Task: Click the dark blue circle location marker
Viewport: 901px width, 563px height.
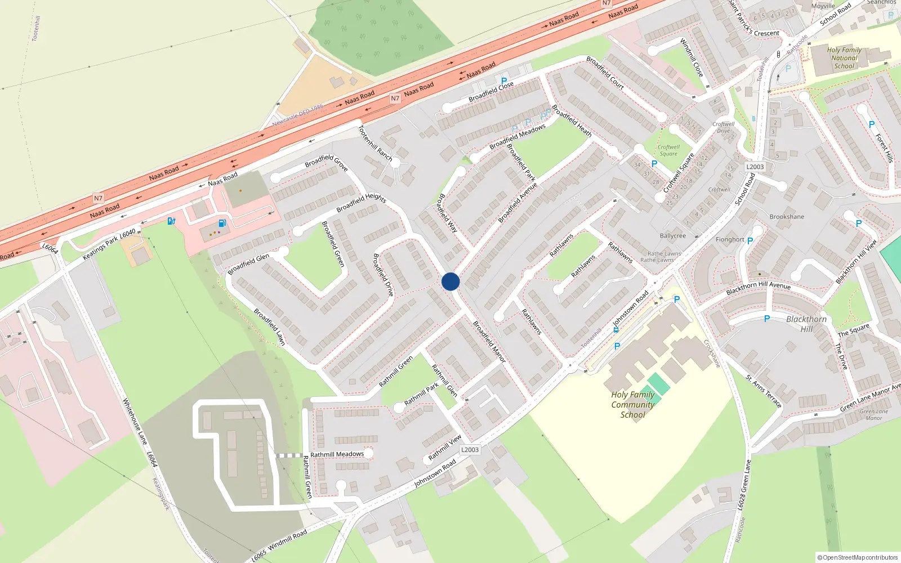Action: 450,281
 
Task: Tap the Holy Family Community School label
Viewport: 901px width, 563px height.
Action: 632,405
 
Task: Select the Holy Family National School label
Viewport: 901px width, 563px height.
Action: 844,58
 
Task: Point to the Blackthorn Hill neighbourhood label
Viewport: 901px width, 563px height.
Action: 806,324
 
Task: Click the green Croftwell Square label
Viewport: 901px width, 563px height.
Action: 668,150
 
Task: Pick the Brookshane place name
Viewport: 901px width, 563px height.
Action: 787,217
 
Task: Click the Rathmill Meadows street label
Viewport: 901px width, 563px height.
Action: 337,454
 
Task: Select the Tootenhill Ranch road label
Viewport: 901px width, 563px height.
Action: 376,143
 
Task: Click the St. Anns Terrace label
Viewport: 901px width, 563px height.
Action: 764,391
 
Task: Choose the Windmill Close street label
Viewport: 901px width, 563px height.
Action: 692,57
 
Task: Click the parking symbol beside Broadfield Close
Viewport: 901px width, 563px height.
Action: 504,81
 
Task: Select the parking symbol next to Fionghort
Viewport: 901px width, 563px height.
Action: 750,241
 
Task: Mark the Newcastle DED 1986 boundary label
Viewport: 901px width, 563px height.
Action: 298,115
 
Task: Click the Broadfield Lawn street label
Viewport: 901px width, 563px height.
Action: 270,327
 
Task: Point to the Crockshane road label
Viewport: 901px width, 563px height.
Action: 712,354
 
